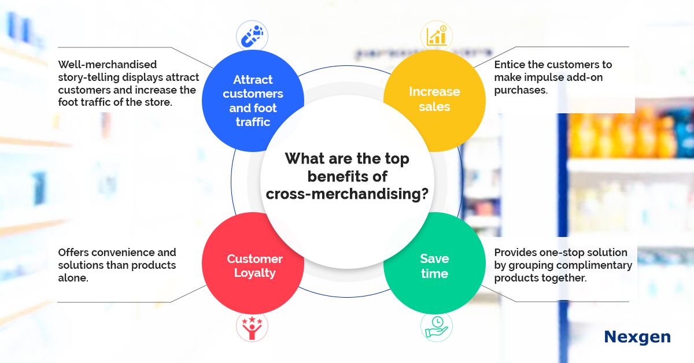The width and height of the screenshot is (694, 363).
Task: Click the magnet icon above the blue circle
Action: pyautogui.click(x=252, y=36)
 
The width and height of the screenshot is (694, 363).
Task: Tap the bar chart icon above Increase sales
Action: pyautogui.click(x=437, y=36)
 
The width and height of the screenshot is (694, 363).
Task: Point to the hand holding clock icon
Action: pyautogui.click(x=437, y=327)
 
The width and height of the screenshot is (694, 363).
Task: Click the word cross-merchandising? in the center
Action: pyautogui.click(x=347, y=194)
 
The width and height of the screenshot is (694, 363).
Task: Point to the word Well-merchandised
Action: pyautogui.click(x=108, y=64)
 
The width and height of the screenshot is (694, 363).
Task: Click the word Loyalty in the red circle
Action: pyautogui.click(x=254, y=273)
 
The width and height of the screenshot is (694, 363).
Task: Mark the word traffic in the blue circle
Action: pyautogui.click(x=253, y=122)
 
